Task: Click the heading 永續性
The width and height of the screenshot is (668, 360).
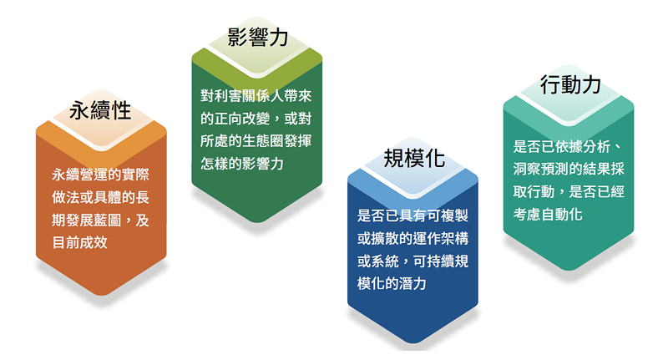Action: coord(100,111)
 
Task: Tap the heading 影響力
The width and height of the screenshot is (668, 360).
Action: coord(257,37)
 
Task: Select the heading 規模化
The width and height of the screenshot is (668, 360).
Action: coord(414,159)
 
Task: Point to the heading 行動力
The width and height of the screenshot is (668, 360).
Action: coord(570,84)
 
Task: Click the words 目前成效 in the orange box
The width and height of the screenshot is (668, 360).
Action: coord(79,242)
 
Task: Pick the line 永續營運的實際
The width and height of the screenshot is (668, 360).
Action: coord(100,175)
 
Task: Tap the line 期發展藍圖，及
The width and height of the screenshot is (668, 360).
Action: coord(100,220)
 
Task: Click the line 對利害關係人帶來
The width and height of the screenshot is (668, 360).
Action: coord(256,95)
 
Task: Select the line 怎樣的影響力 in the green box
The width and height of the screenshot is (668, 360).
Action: coord(242,163)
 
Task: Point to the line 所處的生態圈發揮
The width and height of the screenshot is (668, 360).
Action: coord(256,140)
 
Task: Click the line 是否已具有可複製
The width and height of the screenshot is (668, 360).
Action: coord(412,215)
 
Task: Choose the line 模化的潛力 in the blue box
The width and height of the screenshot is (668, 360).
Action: coord(392,283)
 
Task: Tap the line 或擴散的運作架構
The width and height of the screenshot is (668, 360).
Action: coord(412,238)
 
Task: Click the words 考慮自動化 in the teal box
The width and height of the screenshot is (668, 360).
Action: coord(548,214)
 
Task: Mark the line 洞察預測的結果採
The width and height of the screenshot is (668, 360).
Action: coord(569,169)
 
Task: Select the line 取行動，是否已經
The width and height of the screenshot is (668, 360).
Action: coord(569,191)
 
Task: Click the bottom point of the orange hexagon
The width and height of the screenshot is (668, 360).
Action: coord(101,295)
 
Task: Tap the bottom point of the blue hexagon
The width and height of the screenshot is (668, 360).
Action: coord(412,342)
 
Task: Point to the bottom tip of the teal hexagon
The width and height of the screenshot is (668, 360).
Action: coord(569,270)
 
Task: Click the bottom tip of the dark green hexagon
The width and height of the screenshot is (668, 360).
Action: coord(257,222)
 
